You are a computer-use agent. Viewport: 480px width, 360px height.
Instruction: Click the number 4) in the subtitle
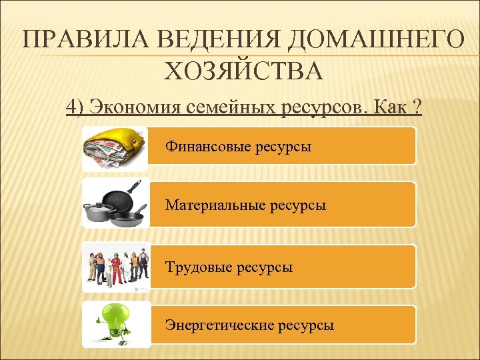[x=75, y=106]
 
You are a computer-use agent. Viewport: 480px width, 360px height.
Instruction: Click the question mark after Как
[x=417, y=106]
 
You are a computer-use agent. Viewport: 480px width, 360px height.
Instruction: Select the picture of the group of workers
[x=115, y=265]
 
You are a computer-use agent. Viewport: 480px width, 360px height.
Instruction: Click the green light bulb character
[x=114, y=323]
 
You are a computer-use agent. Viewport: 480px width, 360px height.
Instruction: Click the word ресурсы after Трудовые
[x=265, y=267]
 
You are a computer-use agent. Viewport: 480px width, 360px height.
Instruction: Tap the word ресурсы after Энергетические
[x=306, y=326]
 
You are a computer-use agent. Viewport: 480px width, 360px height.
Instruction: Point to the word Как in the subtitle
[x=391, y=106]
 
